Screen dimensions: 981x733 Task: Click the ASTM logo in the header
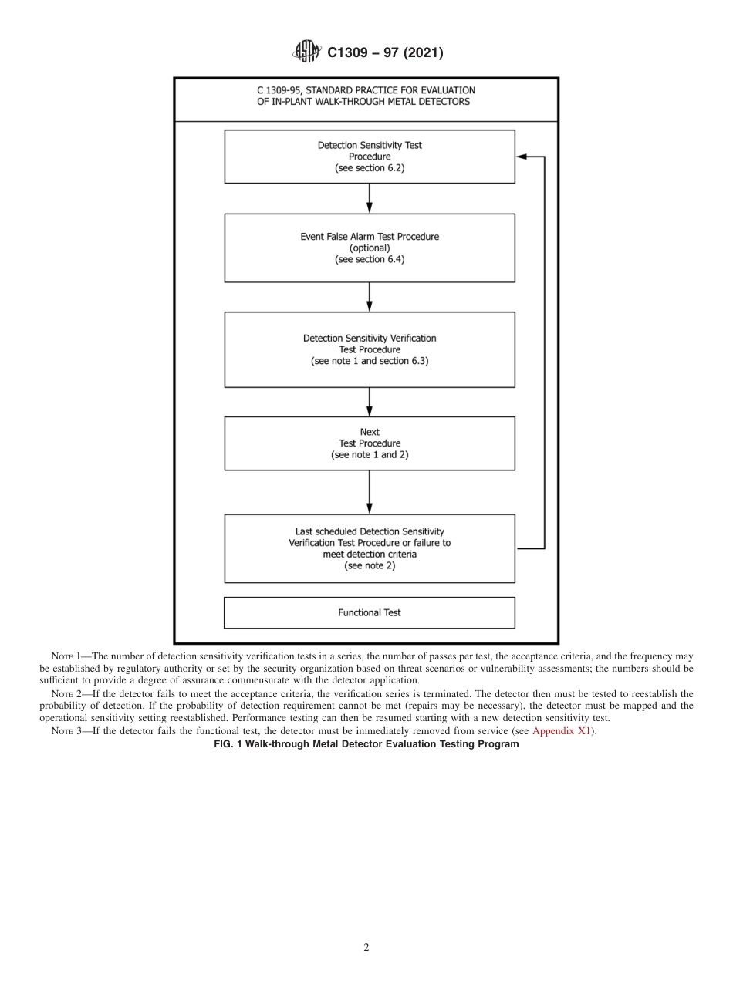(306, 52)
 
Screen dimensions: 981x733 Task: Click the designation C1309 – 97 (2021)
(385, 53)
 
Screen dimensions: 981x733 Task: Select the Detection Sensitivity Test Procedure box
(370, 157)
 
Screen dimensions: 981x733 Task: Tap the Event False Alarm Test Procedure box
(370, 248)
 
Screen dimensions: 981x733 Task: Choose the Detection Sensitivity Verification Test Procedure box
(370, 349)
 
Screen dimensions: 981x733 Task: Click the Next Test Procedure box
(370, 443)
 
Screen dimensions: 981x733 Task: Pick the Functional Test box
(370, 613)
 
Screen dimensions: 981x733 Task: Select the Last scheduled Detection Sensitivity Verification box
(370, 548)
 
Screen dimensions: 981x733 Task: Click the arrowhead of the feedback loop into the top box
(521, 157)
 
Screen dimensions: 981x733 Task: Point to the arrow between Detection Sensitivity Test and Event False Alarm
(370, 199)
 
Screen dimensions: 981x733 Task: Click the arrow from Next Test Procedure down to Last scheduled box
(370, 492)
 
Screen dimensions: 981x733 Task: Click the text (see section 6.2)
(370, 168)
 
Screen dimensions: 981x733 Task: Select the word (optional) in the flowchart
(370, 248)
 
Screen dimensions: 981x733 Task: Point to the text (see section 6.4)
(370, 260)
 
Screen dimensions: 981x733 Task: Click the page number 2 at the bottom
(366, 948)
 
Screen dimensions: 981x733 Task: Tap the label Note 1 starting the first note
(66, 656)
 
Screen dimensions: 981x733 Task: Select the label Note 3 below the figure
(66, 731)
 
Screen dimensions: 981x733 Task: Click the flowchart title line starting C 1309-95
(366, 90)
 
